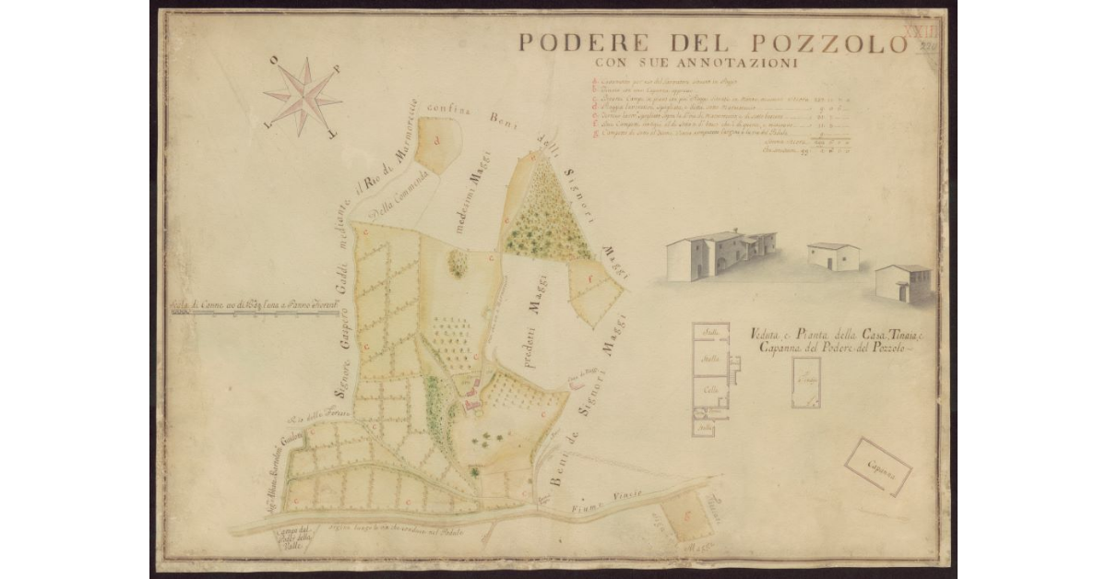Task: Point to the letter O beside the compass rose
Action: [275, 61]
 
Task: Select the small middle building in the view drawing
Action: [833, 256]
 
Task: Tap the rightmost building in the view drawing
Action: [903, 283]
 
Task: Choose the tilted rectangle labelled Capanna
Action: [878, 467]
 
